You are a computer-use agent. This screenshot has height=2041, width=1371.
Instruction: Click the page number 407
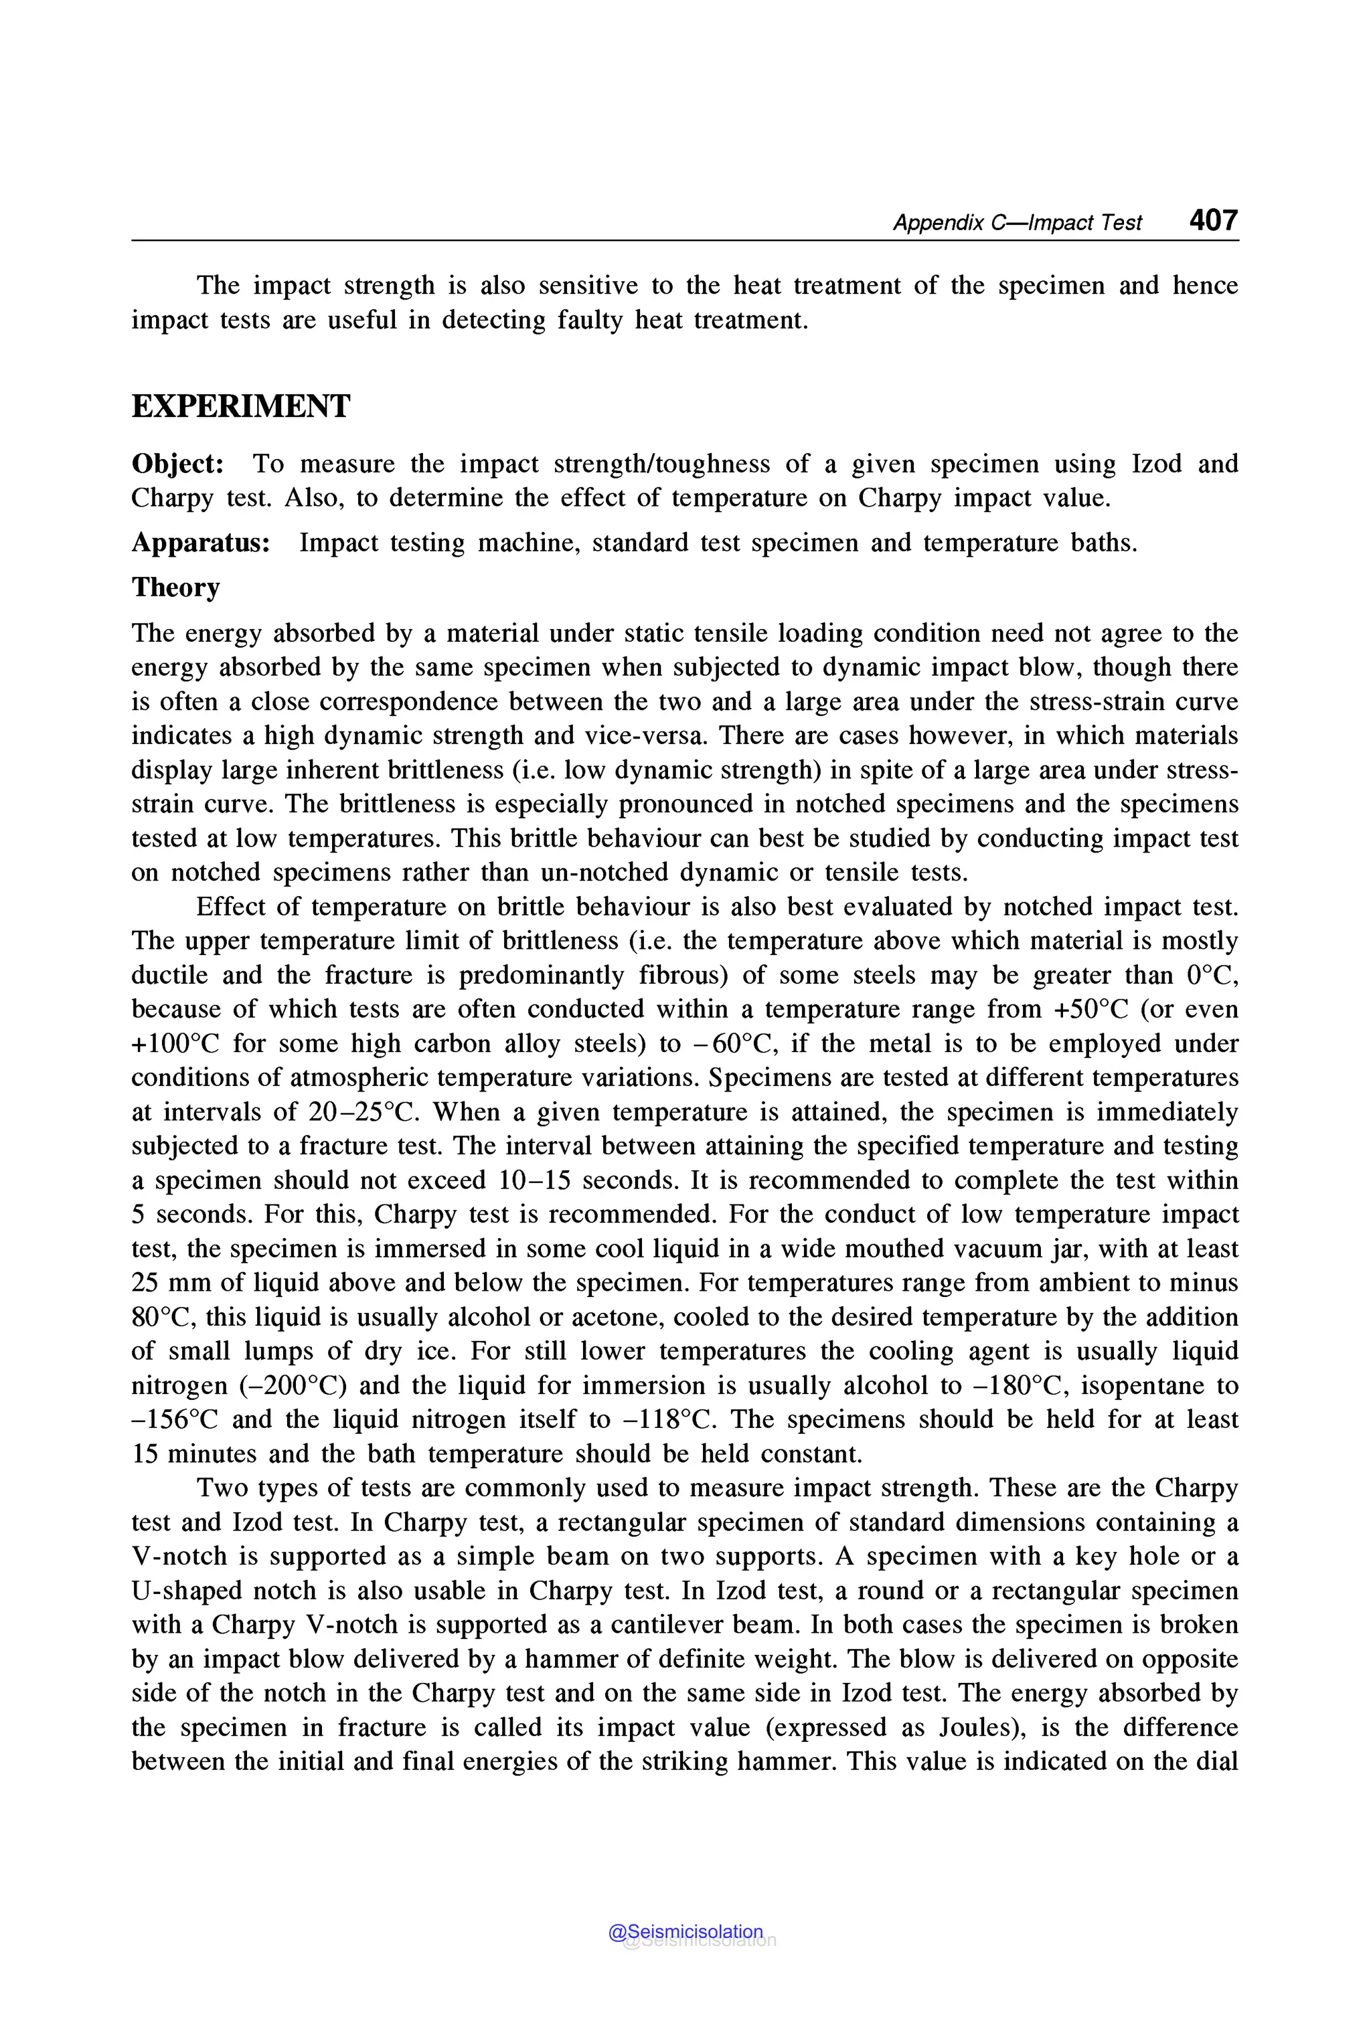coord(1213,219)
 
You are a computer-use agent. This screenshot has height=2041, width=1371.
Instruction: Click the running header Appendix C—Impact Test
coord(1017,223)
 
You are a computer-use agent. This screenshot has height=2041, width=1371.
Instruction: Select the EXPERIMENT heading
coord(240,406)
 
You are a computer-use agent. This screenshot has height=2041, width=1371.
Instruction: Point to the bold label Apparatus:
coord(200,543)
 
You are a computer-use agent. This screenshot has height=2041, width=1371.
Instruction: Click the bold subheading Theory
coord(176,588)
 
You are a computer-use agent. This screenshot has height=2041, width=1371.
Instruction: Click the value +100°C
coord(175,1044)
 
